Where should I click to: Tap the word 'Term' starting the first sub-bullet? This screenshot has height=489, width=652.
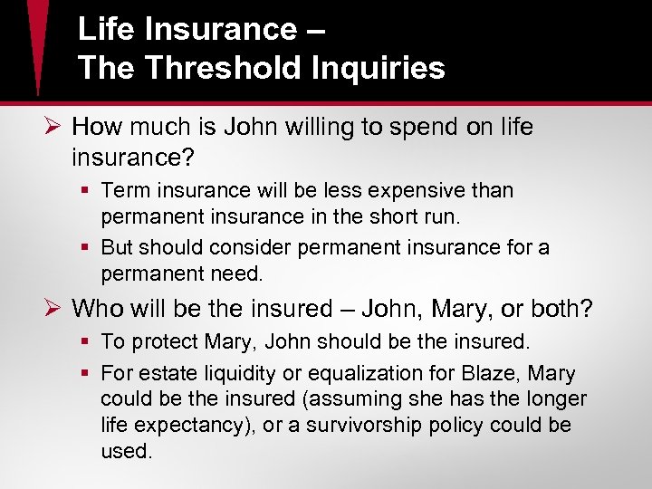point(122,191)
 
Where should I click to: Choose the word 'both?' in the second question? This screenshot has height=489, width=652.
point(561,310)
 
